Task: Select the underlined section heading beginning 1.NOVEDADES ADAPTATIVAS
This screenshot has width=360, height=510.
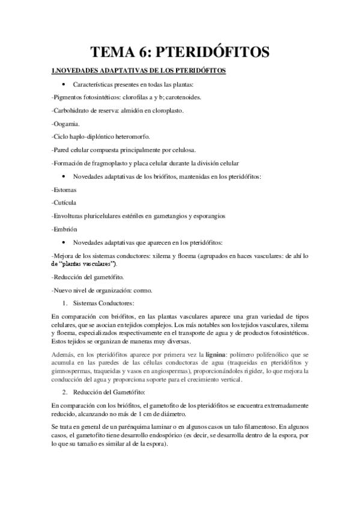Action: click(x=139, y=71)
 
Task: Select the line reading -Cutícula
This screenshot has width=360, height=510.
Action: click(x=64, y=202)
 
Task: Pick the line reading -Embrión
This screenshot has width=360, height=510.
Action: click(x=65, y=229)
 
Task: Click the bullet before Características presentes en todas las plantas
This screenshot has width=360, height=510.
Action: click(x=64, y=84)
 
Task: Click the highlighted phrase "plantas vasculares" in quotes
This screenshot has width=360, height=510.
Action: click(x=88, y=263)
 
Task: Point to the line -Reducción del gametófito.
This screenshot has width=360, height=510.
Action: click(x=88, y=277)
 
